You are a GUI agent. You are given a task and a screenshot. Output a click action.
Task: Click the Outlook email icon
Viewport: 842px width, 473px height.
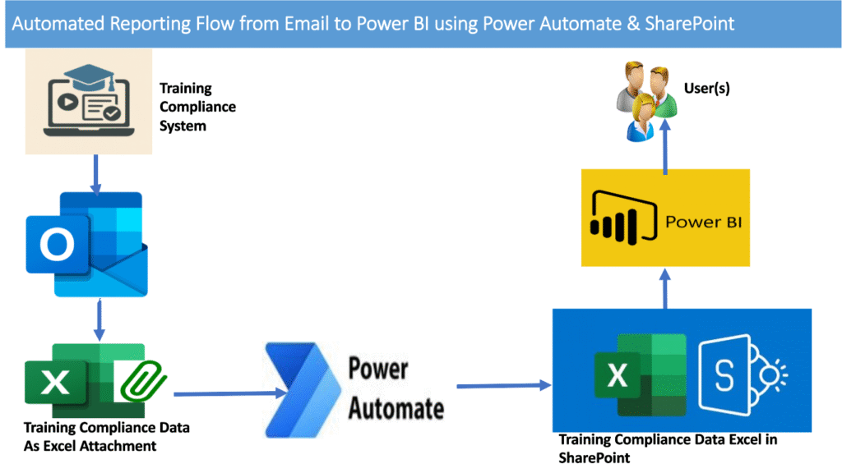coord(86,245)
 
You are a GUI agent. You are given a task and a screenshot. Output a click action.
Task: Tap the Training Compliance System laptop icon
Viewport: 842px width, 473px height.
coord(89,101)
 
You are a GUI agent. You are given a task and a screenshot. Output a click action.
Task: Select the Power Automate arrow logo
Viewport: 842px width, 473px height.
coord(303,390)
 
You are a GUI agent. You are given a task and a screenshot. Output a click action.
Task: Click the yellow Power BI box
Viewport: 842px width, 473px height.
coord(665,218)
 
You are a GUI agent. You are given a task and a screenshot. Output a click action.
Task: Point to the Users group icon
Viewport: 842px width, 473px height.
coord(646,101)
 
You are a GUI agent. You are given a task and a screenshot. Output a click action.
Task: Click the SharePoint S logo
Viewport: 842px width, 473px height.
coord(743,374)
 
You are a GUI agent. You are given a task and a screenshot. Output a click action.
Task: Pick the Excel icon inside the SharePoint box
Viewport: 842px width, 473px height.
coord(640,374)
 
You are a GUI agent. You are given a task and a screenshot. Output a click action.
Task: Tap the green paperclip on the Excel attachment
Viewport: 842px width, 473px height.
coord(143,381)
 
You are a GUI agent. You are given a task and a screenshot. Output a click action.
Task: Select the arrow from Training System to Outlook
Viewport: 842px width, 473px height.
coord(95,175)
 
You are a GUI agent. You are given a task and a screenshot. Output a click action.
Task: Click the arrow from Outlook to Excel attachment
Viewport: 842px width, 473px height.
coord(99,320)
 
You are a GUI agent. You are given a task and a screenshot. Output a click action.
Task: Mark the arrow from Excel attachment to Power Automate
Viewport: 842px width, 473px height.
coord(231,393)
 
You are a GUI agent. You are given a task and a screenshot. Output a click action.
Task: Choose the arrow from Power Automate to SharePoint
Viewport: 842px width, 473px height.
coord(504,386)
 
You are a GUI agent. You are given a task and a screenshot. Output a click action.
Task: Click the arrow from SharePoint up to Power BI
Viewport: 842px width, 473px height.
coord(665,288)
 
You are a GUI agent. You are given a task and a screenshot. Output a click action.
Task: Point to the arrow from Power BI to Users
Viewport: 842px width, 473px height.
coord(665,147)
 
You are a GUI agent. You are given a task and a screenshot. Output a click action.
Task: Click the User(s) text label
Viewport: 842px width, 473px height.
coord(706,88)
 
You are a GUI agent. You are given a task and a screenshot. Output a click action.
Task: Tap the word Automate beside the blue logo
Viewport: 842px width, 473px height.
coord(396,409)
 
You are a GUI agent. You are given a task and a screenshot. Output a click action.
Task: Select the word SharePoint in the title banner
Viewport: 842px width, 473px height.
coord(690,24)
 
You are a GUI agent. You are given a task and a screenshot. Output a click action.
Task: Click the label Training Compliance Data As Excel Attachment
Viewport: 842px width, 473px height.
coord(106,437)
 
